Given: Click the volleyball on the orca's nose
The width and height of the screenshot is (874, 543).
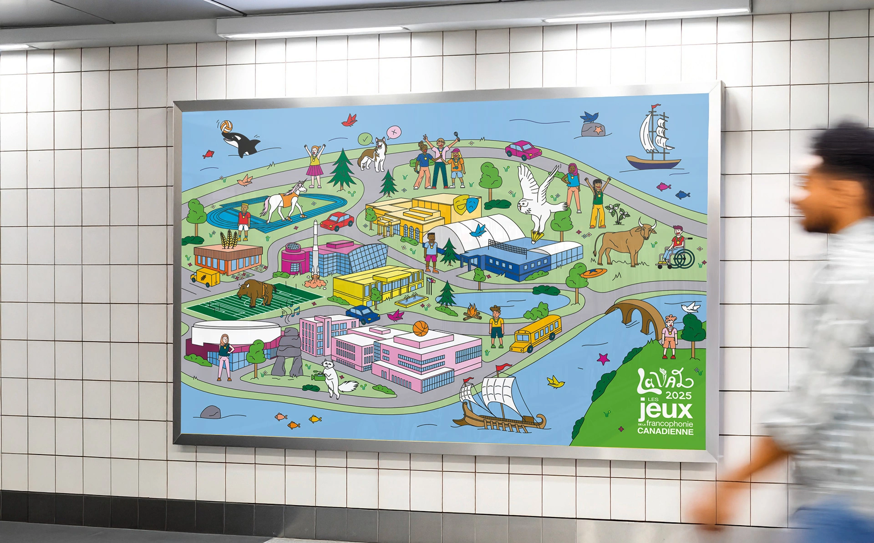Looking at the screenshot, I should (x=226, y=126).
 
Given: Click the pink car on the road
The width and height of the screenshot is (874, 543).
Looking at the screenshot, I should (x=523, y=150).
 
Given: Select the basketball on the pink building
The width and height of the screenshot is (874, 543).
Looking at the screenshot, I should (x=421, y=329).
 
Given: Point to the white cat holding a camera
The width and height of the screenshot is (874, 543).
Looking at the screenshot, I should (x=331, y=377).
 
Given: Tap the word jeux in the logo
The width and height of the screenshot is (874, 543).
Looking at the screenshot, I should (x=665, y=410).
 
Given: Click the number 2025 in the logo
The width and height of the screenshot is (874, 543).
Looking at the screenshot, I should (x=678, y=395).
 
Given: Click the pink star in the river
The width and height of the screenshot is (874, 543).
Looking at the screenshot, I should (x=604, y=359).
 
